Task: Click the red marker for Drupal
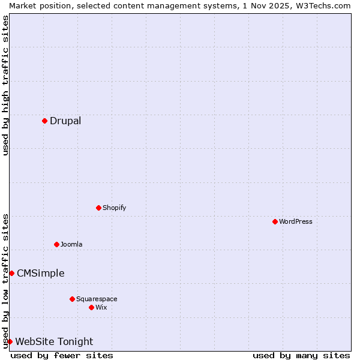(44, 121)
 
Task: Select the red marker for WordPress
(275, 221)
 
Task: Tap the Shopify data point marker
(98, 208)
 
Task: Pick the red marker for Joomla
(56, 244)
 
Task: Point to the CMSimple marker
(11, 273)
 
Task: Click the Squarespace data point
(72, 299)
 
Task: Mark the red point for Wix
(91, 307)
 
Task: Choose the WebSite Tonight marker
(10, 341)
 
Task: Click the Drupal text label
(65, 121)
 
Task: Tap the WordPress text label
(296, 221)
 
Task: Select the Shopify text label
(114, 208)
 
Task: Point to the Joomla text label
(71, 244)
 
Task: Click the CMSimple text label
(40, 273)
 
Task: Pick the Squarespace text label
(97, 299)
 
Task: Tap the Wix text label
(101, 307)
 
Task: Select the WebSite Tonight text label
(54, 341)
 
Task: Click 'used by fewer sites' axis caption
(62, 355)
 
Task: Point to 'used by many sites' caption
(301, 355)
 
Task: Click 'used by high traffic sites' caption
(5, 85)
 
